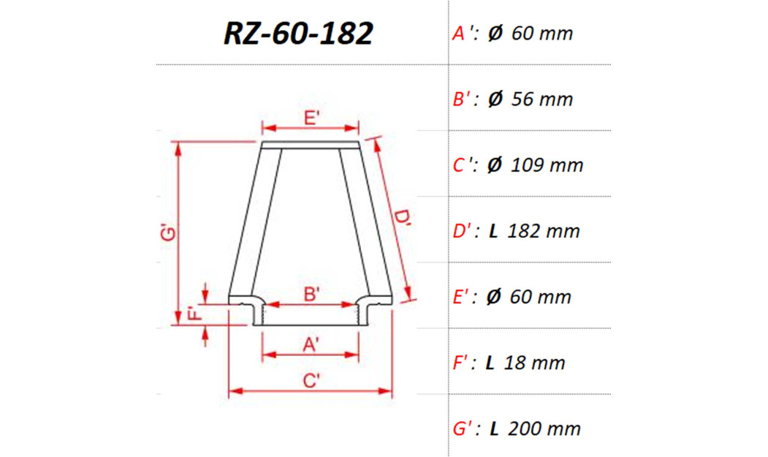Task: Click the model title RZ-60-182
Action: (298, 33)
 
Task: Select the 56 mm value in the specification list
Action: (541, 99)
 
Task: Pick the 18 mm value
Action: (535, 363)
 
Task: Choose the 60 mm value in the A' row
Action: (541, 34)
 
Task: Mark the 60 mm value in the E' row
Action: (541, 297)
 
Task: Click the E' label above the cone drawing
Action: (311, 118)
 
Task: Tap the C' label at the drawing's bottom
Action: (311, 381)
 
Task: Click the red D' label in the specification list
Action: (463, 231)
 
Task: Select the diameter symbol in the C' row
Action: (495, 165)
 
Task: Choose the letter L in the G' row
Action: (494, 428)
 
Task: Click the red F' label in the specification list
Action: (462, 363)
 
